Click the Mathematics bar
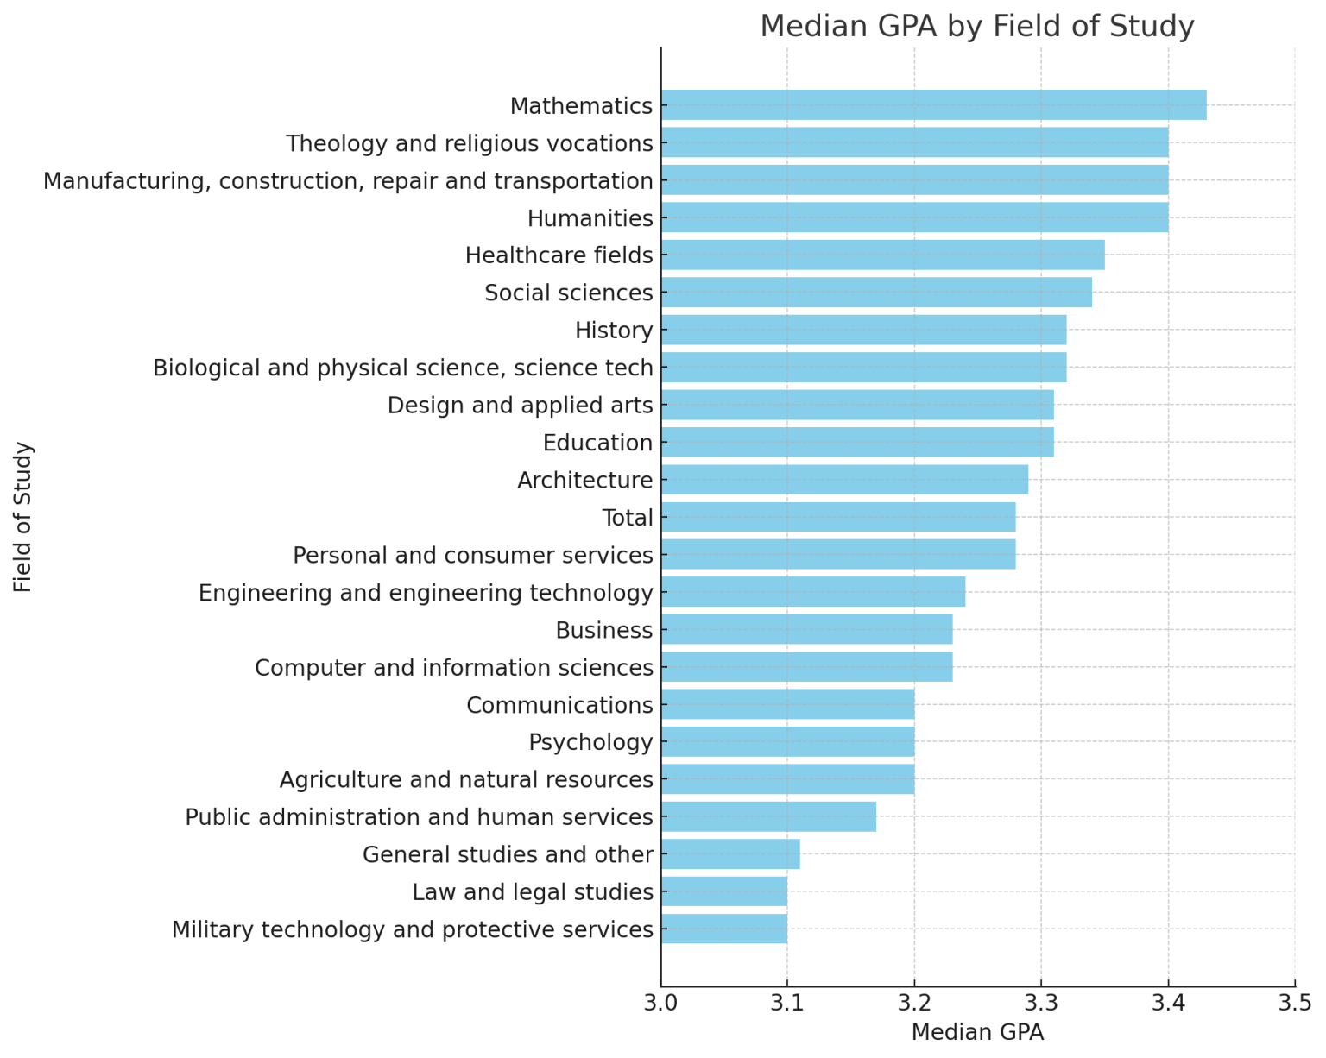(x=933, y=105)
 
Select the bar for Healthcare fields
(x=882, y=255)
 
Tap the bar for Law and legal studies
(x=723, y=891)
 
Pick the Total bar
(x=837, y=518)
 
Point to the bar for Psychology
(x=787, y=742)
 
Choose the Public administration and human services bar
(x=768, y=816)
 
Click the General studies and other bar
(x=730, y=854)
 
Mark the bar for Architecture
(x=844, y=480)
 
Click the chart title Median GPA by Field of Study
(x=976, y=26)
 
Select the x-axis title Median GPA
(x=977, y=1032)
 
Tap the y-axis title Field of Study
(x=23, y=517)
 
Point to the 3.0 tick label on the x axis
(x=660, y=1003)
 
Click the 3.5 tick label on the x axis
(x=1294, y=1003)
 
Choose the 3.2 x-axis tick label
(x=914, y=1003)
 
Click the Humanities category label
(x=590, y=218)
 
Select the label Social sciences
(x=568, y=293)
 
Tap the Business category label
(x=603, y=631)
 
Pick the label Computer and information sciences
(x=453, y=668)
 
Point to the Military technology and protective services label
(x=412, y=929)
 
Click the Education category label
(x=597, y=443)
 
